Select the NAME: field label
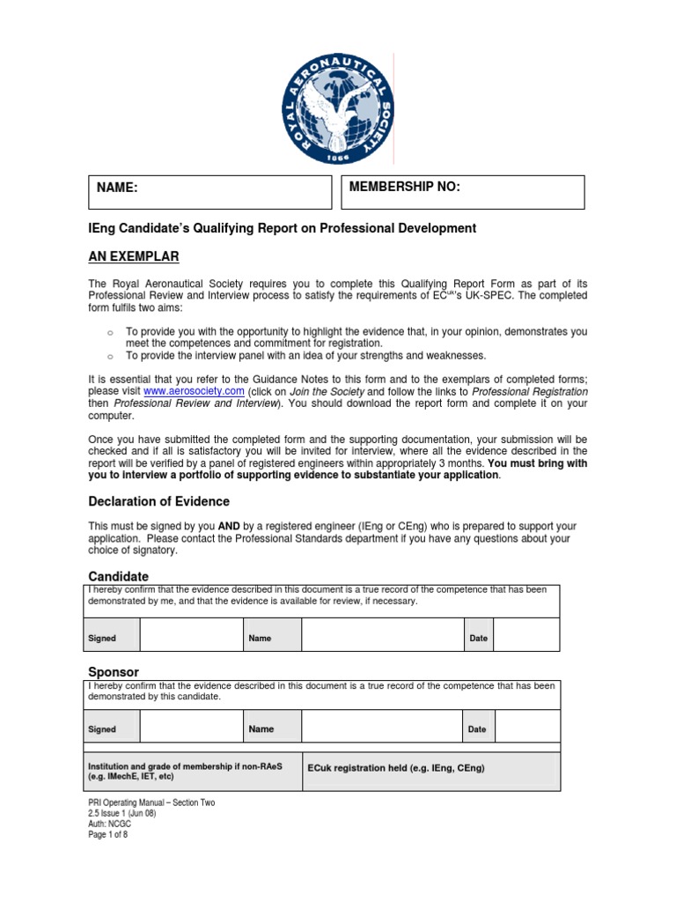(x=117, y=188)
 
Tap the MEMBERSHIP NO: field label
(x=404, y=187)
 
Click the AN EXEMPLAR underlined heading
(x=134, y=256)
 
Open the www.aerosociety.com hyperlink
(x=180, y=390)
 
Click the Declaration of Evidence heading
(x=159, y=501)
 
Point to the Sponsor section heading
(x=114, y=671)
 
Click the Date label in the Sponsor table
(x=477, y=729)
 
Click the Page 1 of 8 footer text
(x=109, y=835)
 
